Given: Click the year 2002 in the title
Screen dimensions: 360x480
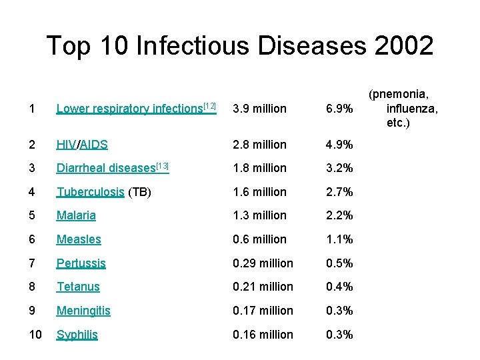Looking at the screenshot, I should [x=403, y=45].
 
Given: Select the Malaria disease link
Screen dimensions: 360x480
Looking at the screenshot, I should [x=76, y=215].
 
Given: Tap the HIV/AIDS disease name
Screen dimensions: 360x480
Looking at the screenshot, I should [x=82, y=144].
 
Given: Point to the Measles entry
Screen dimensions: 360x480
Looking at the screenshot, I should [x=79, y=239].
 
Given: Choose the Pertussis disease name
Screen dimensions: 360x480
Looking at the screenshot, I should [x=81, y=263].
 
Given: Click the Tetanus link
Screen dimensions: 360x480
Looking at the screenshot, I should [x=78, y=287].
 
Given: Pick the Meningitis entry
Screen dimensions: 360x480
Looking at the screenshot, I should [x=83, y=311].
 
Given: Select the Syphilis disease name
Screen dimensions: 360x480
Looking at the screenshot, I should [x=77, y=335].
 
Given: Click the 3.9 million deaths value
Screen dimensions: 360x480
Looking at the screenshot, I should [x=259, y=109].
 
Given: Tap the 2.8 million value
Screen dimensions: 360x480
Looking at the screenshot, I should [x=259, y=144].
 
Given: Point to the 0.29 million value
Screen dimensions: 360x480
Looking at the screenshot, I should [x=263, y=263].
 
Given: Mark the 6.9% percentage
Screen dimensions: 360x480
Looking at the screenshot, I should [x=339, y=109].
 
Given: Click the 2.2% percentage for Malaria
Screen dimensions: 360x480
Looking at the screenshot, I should [x=339, y=215].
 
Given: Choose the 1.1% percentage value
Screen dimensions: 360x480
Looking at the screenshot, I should [x=339, y=239].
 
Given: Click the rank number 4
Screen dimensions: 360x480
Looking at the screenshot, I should [x=31, y=192].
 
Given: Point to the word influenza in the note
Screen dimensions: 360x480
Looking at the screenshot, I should [x=412, y=109].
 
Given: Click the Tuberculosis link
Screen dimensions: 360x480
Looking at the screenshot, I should [x=90, y=192].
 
